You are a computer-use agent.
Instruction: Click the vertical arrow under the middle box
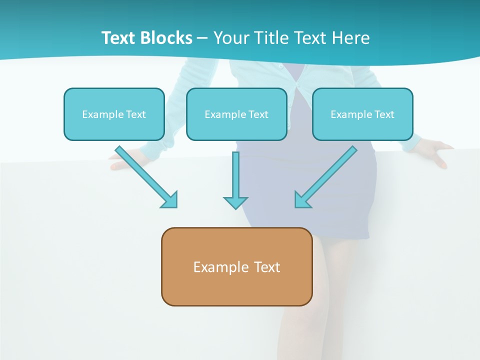(235, 175)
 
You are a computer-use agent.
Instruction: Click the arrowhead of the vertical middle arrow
(235, 202)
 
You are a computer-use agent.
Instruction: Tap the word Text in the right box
(384, 114)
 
